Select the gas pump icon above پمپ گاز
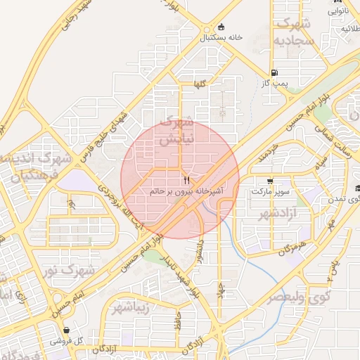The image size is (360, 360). click(274, 72)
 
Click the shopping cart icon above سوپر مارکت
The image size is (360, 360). click(271, 181)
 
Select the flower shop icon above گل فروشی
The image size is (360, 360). click(66, 330)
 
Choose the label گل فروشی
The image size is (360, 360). click(67, 340)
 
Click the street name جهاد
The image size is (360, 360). click(221, 290)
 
